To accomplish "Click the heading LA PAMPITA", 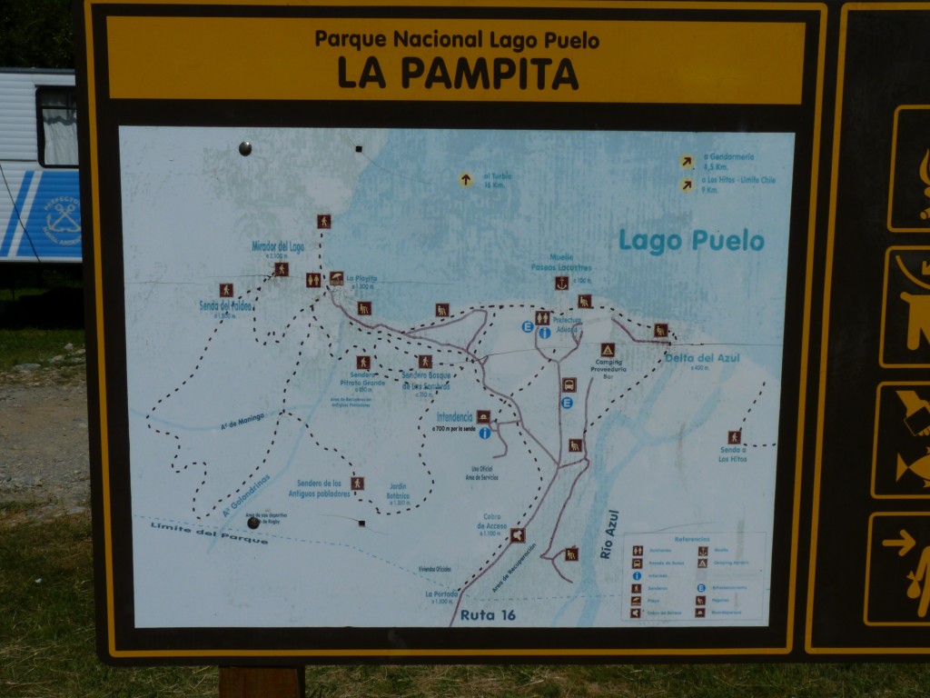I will [x=458, y=73].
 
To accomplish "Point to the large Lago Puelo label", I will [x=691, y=241].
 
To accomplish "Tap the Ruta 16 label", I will [x=488, y=615].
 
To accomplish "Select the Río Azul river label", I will [x=608, y=533].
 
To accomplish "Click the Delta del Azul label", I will [x=702, y=358].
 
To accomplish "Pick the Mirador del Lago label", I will [x=278, y=246].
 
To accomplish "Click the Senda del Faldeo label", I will [x=225, y=306].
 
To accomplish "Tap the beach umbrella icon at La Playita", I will [x=336, y=278].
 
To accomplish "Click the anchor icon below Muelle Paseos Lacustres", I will [x=561, y=283].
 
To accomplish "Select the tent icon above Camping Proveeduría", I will [x=607, y=349].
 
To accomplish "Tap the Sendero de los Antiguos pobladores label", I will [x=319, y=488].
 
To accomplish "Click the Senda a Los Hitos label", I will [x=732, y=454].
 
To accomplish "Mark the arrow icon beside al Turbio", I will [x=466, y=180].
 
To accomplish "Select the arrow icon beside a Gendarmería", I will [x=687, y=162].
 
